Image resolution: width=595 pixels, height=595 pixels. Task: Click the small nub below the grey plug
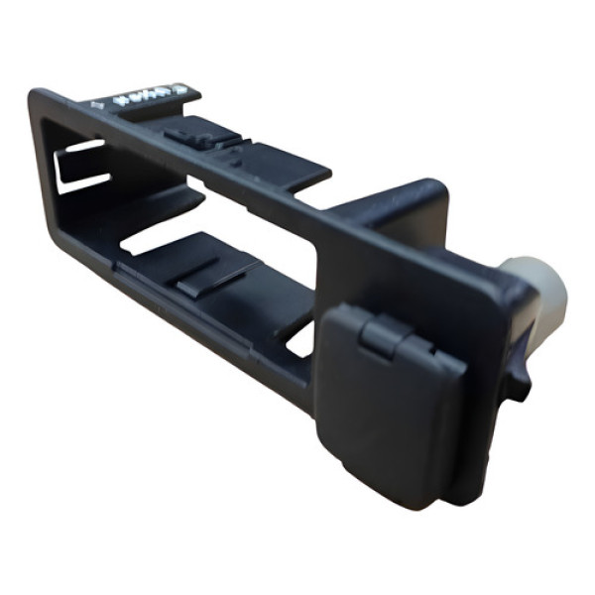[517, 382]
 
